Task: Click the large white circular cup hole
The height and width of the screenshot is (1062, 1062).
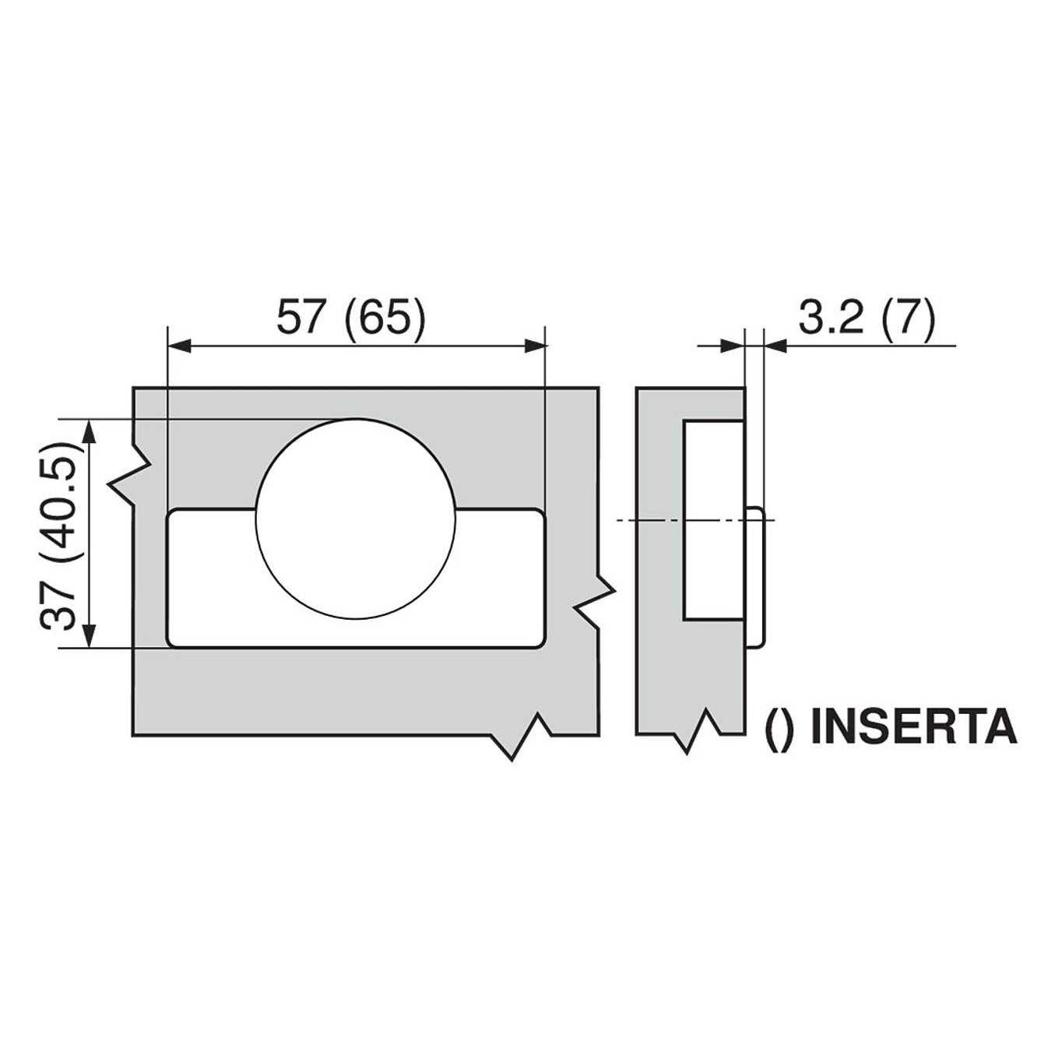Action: point(356,519)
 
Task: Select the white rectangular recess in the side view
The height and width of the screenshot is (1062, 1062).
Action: point(713,520)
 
